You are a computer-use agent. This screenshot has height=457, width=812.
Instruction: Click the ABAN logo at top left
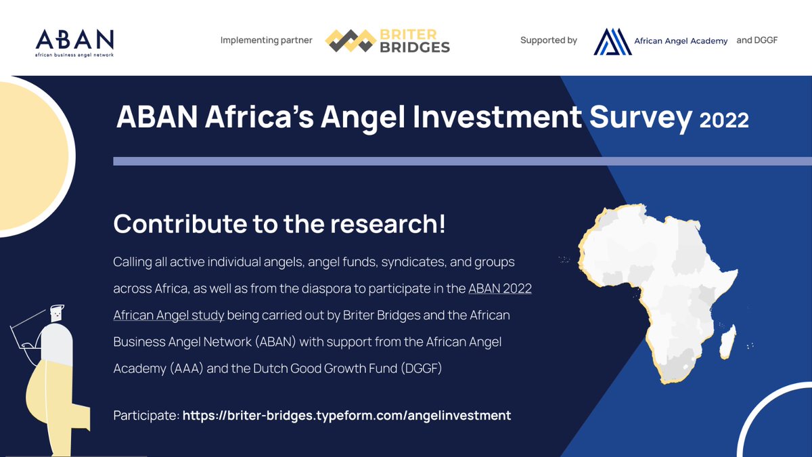74,39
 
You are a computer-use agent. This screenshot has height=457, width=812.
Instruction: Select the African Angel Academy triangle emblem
612,41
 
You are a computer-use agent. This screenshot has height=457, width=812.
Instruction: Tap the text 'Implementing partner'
266,41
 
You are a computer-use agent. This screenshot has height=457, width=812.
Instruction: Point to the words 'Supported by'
548,41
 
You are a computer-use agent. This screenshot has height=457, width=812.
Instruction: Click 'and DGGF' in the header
757,40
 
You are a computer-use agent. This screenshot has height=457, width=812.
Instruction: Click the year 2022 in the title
724,121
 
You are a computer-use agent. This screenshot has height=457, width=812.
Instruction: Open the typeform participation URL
346,415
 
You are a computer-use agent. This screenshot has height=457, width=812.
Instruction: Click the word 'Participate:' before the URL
145,415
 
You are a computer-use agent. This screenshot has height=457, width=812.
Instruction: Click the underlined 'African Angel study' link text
168,315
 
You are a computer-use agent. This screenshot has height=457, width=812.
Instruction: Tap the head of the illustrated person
58,313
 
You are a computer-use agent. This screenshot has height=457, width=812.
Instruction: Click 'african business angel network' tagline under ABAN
74,53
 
